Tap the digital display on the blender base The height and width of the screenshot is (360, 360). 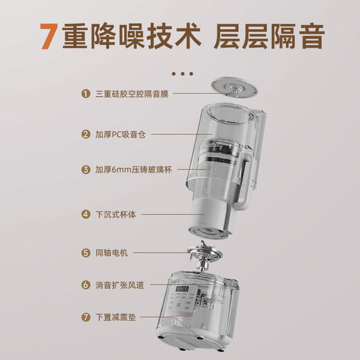click(183, 289)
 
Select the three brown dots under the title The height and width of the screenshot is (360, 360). click(182, 73)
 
